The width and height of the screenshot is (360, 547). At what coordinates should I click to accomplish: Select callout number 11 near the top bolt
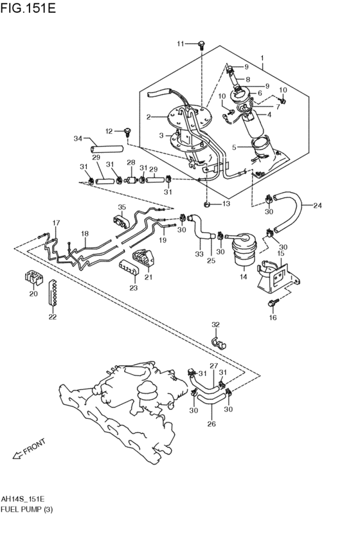[181, 44]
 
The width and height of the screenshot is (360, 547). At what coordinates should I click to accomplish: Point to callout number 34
[78, 138]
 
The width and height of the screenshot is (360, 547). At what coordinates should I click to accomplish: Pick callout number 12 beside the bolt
[109, 131]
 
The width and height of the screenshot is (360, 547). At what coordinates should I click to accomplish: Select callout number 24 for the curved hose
[317, 206]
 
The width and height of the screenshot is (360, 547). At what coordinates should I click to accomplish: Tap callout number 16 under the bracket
[272, 318]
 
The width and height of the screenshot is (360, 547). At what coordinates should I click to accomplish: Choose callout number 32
[215, 325]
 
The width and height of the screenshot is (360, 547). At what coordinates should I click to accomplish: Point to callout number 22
[53, 317]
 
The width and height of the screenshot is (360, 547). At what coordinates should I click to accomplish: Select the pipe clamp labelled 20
[33, 278]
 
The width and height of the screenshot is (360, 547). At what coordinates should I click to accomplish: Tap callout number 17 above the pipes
[56, 223]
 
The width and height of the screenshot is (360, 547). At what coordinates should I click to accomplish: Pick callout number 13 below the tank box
[225, 204]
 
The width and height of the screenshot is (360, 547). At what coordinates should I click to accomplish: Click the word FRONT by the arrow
[37, 447]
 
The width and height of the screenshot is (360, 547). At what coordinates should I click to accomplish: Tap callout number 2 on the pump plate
[148, 117]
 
